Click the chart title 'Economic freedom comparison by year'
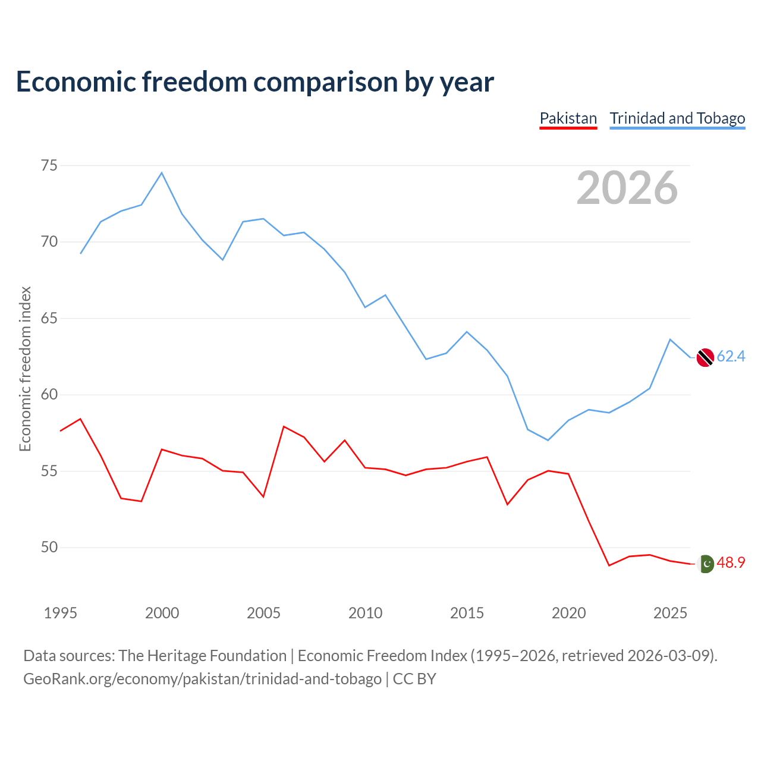(255, 82)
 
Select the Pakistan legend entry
(568, 118)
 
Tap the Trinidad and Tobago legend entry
(677, 118)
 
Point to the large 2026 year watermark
(627, 188)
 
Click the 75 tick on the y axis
(49, 165)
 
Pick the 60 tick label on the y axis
(49, 395)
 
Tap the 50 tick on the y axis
(49, 548)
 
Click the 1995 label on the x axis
(61, 613)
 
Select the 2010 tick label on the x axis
(365, 613)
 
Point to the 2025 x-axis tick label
(670, 613)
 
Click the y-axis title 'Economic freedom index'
(25, 369)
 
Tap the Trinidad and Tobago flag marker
(705, 357)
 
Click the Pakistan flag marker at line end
(705, 564)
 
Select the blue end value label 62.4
(731, 357)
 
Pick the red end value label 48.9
(731, 563)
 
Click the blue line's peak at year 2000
(162, 173)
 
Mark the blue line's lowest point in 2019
(548, 440)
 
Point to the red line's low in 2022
(609, 565)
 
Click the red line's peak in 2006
(284, 426)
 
